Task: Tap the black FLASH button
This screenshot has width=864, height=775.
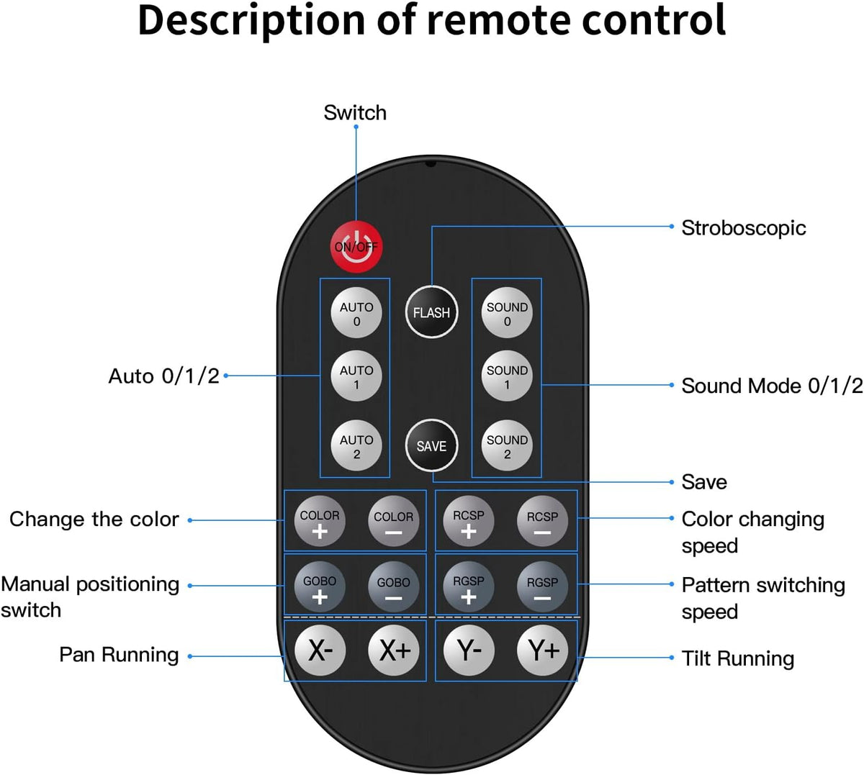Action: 431,312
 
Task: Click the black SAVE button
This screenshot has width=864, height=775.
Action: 431,445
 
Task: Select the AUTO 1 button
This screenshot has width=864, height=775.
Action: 356,376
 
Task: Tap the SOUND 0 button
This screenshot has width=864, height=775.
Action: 507,313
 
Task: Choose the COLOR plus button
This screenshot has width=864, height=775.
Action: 320,521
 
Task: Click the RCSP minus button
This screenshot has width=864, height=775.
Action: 542,521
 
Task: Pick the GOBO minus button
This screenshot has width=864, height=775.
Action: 393,587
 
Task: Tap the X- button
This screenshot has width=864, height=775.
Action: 320,651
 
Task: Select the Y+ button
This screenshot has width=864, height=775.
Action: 542,651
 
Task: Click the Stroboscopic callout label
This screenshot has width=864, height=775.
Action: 743,228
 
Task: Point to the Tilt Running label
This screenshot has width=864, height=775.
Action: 738,658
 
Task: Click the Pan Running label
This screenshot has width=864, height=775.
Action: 119,655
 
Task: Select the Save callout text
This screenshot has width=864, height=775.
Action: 704,482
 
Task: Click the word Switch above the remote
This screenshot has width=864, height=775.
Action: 355,113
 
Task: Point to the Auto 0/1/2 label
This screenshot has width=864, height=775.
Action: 163,376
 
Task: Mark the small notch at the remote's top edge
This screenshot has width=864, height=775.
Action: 431,163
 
